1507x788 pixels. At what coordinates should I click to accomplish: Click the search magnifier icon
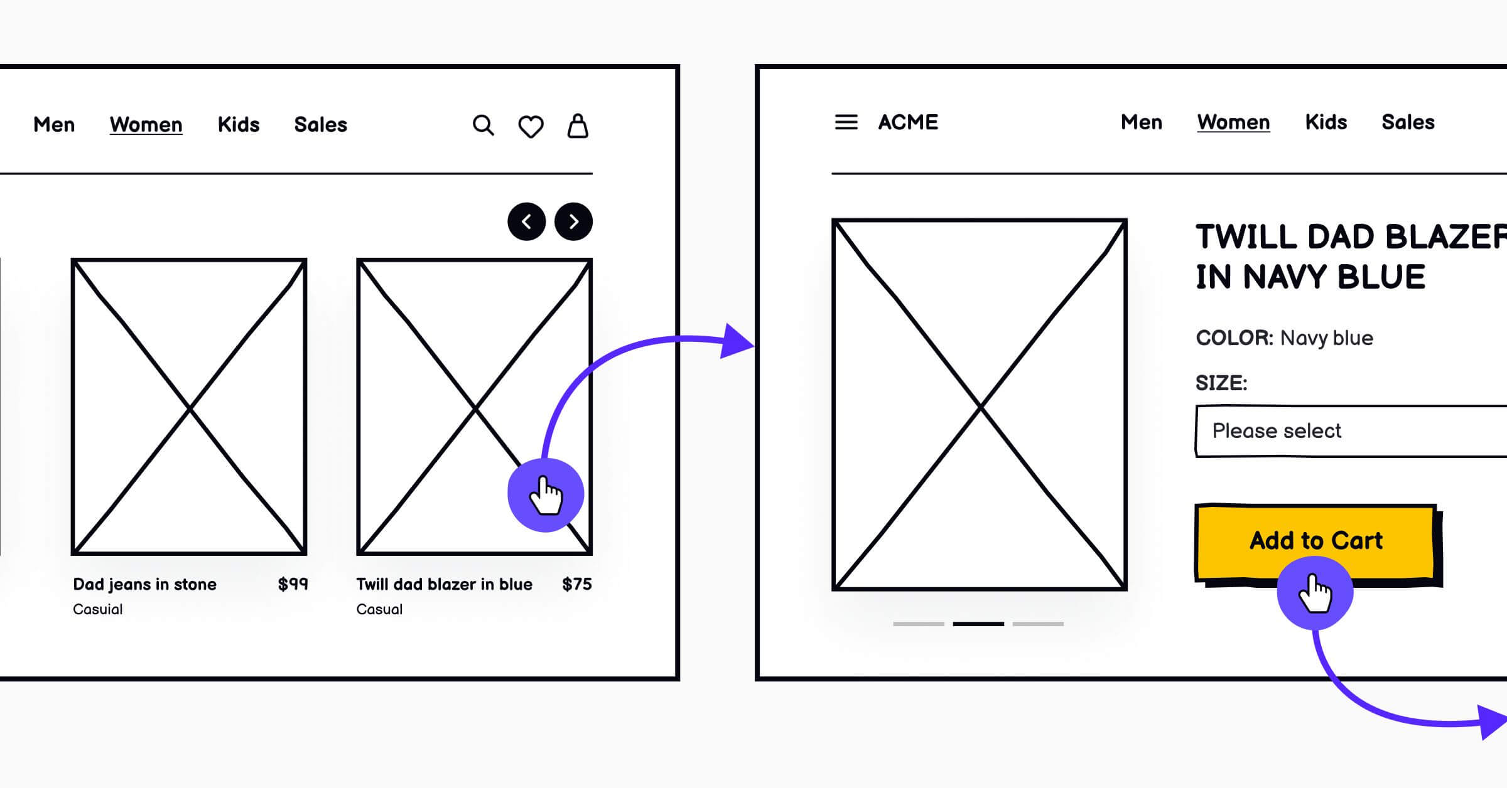pyautogui.click(x=483, y=125)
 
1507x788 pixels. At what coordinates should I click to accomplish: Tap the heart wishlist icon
pyautogui.click(x=531, y=127)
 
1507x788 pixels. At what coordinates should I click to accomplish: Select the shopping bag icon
pyautogui.click(x=578, y=126)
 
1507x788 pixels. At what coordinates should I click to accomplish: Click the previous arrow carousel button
pyautogui.click(x=526, y=221)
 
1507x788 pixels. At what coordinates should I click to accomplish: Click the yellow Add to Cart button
pyautogui.click(x=1315, y=540)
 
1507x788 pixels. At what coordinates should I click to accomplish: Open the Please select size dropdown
pyautogui.click(x=1350, y=431)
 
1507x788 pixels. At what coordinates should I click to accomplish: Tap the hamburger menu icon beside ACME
pyautogui.click(x=846, y=122)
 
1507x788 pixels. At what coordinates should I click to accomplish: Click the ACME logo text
pyautogui.click(x=908, y=122)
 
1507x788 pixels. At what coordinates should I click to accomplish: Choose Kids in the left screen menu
pyautogui.click(x=239, y=125)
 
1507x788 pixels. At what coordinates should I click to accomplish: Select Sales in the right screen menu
pyautogui.click(x=1408, y=122)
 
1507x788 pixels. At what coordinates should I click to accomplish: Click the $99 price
pyautogui.click(x=293, y=585)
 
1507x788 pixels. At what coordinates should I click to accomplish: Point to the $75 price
pyautogui.click(x=576, y=585)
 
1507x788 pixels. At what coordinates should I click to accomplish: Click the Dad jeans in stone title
pyautogui.click(x=144, y=585)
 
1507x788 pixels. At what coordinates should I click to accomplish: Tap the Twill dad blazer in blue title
pyautogui.click(x=444, y=585)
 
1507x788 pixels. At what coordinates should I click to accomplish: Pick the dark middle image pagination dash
pyautogui.click(x=978, y=624)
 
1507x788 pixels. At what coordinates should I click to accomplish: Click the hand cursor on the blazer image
pyautogui.click(x=546, y=495)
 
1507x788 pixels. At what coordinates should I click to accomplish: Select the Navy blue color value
pyautogui.click(x=1326, y=338)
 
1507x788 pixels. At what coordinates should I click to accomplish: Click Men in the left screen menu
pyautogui.click(x=54, y=125)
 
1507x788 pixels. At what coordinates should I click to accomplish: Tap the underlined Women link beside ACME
pyautogui.click(x=1233, y=122)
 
